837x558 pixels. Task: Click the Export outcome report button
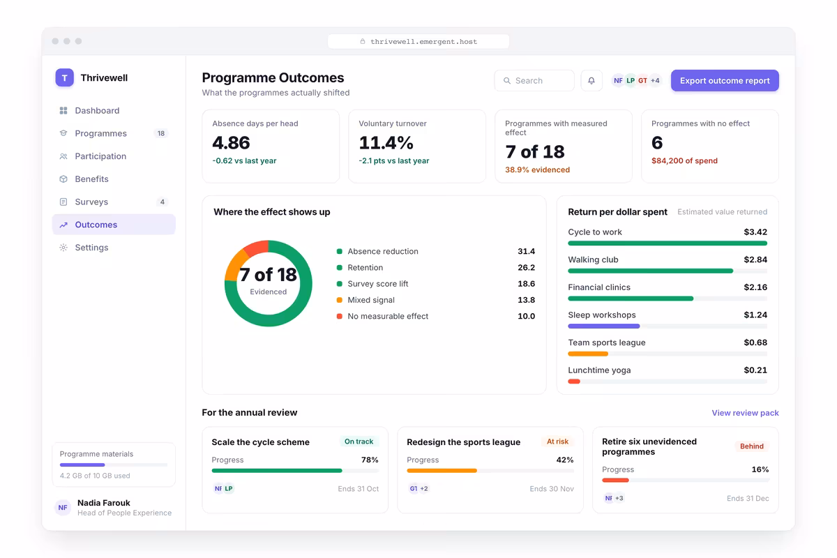[x=725, y=80]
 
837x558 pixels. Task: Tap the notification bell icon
[x=591, y=80]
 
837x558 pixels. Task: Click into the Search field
[x=534, y=80]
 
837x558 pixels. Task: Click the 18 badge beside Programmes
[x=161, y=133]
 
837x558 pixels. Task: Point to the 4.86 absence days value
[x=231, y=143]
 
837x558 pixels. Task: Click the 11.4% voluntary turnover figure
[x=386, y=143]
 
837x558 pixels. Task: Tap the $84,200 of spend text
[x=684, y=160]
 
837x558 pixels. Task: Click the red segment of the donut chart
[x=257, y=248]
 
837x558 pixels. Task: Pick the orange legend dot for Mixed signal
[x=339, y=300]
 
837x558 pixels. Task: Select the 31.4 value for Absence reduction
[x=526, y=251]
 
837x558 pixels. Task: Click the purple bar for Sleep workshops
[x=604, y=326]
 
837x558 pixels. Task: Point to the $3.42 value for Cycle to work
[x=755, y=232]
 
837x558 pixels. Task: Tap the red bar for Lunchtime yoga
[x=574, y=382]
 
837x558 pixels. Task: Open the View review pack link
[x=745, y=413]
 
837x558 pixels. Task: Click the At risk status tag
[x=557, y=442]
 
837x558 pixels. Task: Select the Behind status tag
[x=751, y=446]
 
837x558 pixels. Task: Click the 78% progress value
[x=370, y=460]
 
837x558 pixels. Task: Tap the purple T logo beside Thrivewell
[x=65, y=77]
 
